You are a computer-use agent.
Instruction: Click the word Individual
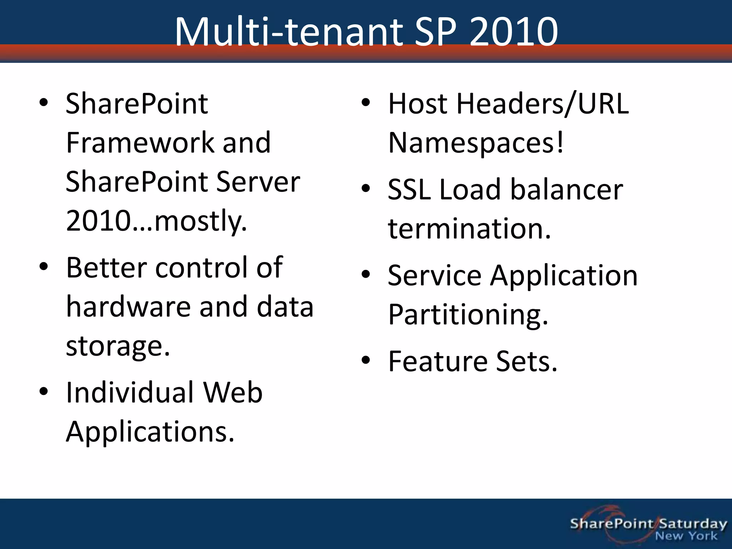pyautogui.click(x=129, y=392)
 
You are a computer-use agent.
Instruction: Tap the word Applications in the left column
pyautogui.click(x=150, y=431)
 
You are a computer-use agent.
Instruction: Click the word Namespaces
pyautogui.click(x=472, y=143)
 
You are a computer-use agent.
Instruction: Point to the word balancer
pyautogui.click(x=567, y=189)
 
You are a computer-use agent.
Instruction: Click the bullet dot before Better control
pyautogui.click(x=44, y=267)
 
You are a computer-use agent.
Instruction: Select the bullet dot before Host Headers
pyautogui.click(x=365, y=103)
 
